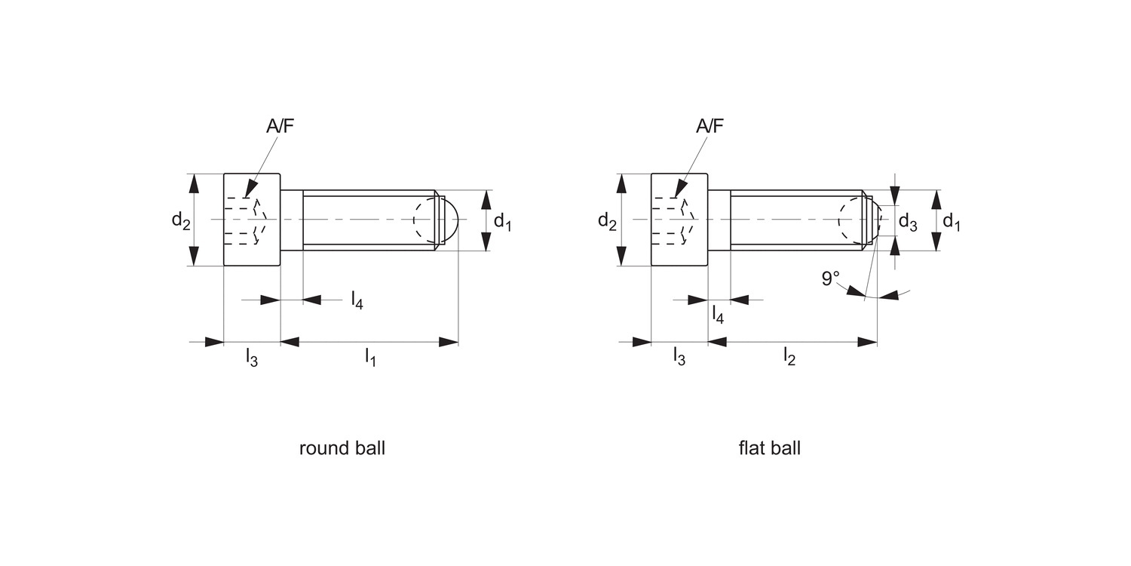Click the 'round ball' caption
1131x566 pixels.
pos(342,448)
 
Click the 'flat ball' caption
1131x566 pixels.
pos(769,448)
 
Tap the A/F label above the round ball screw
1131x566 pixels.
pos(280,126)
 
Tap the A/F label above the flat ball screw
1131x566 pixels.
pos(709,126)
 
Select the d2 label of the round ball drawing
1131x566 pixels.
pos(180,220)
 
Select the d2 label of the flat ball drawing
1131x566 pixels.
pos(607,220)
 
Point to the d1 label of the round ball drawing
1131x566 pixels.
pos(502,222)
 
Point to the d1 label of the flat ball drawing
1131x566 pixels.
pos(952,222)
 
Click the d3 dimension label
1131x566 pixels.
pos(908,223)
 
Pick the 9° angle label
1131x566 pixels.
pos(830,279)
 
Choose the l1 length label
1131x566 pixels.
pos(370,358)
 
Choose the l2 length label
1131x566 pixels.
pos(789,358)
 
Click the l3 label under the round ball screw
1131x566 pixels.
pos(252,358)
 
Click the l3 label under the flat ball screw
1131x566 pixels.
pos(679,358)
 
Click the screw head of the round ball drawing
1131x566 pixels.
pos(252,220)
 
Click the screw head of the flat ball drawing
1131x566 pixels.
pos(679,220)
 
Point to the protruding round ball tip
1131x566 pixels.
pos(450,220)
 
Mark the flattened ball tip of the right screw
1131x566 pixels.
pos(875,220)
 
